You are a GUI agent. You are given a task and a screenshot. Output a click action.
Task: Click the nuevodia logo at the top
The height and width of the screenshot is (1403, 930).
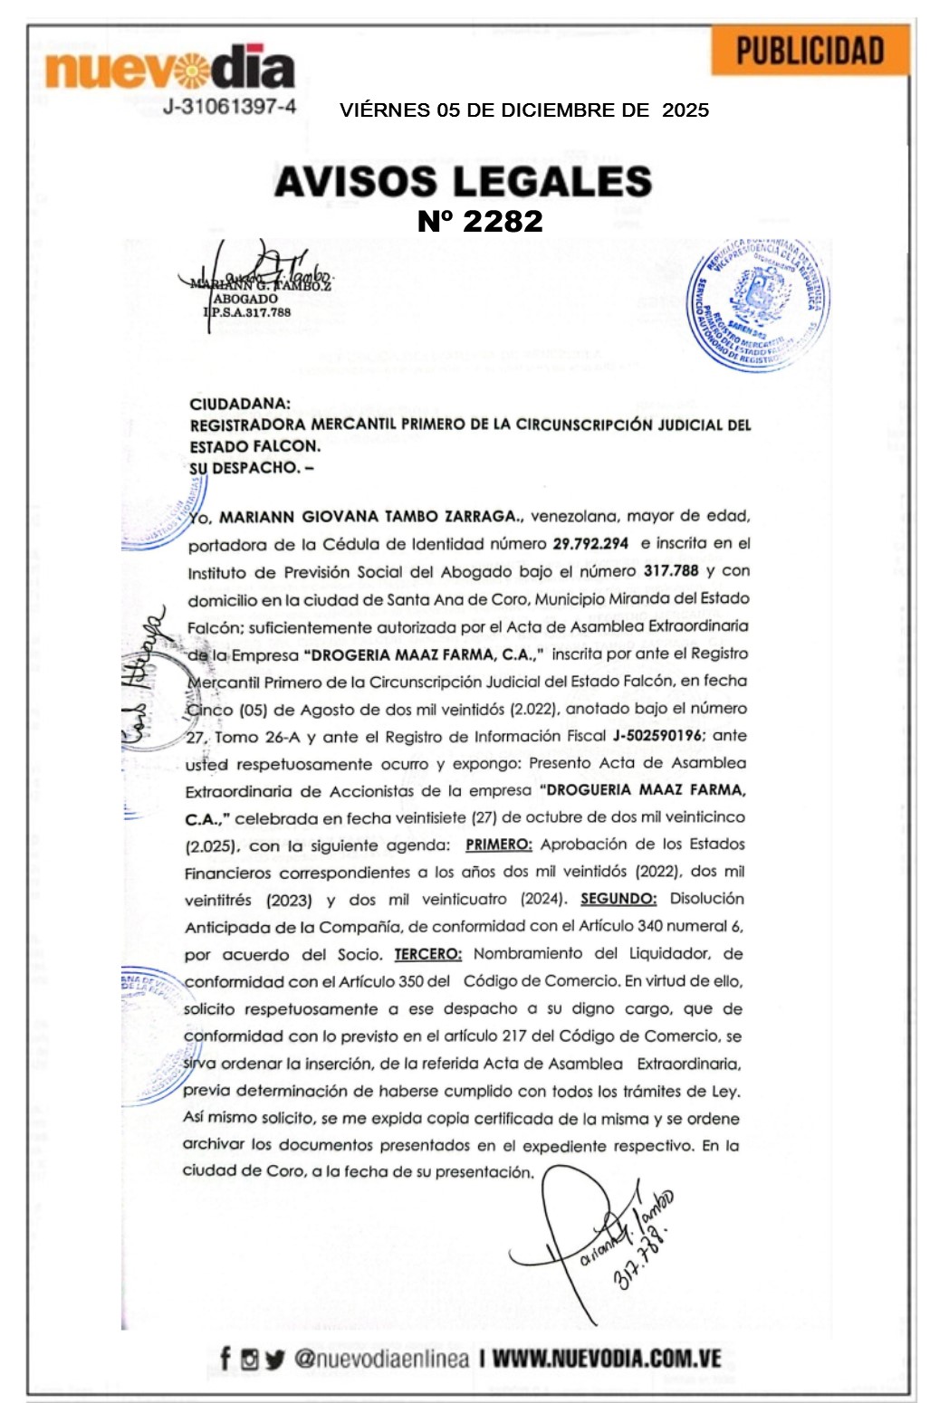tap(169, 69)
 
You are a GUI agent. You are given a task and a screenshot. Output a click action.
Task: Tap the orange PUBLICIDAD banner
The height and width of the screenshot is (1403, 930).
tap(810, 52)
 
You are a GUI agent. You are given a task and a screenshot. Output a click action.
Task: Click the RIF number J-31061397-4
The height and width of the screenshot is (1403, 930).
tap(229, 107)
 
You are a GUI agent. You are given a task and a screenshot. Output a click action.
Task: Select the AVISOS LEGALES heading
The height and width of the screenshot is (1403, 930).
tap(463, 181)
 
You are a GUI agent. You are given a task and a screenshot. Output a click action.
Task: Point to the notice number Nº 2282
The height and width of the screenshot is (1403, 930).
tap(480, 221)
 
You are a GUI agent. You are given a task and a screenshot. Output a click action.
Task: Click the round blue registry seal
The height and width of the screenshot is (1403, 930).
tap(759, 304)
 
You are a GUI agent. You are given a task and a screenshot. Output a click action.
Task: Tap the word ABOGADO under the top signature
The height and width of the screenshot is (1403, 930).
tap(245, 299)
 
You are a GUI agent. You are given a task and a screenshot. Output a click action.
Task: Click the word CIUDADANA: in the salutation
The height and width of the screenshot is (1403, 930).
tap(240, 404)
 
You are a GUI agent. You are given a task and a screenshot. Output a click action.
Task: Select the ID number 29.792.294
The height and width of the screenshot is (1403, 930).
tap(590, 544)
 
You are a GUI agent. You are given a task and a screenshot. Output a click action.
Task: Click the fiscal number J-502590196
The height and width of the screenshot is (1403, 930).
tap(663, 736)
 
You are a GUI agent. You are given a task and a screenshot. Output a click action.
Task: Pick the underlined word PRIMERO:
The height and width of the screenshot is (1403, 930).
tap(499, 845)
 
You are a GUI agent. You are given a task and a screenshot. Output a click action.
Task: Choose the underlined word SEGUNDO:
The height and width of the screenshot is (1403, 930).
tap(618, 899)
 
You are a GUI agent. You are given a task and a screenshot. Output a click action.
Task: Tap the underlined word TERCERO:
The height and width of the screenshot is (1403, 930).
tap(427, 954)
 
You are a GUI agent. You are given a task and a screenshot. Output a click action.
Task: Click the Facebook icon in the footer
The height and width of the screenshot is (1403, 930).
tap(225, 1359)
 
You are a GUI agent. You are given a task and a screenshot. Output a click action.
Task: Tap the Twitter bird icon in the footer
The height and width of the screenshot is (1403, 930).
tap(275, 1360)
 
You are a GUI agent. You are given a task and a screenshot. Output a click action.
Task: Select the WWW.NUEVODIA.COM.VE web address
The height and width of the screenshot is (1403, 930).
tap(607, 1359)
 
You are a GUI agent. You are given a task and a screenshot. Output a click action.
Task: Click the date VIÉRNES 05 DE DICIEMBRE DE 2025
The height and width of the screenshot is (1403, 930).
tap(524, 110)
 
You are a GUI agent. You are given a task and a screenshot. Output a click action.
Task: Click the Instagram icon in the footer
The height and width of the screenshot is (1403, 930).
tap(250, 1360)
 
